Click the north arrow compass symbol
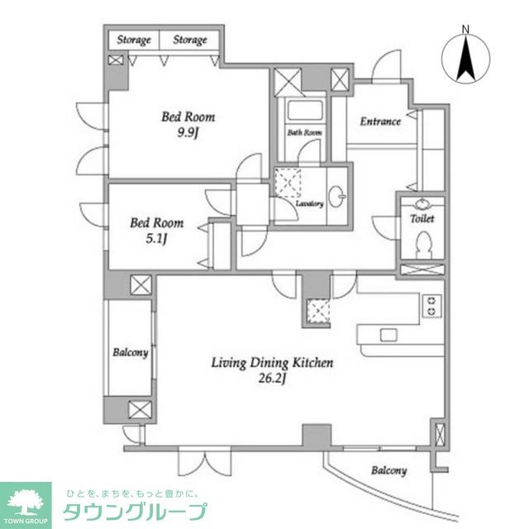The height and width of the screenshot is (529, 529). [465, 59]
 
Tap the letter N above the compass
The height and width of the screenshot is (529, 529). [465, 31]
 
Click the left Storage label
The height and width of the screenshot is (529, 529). [133, 40]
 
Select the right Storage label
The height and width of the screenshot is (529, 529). [189, 40]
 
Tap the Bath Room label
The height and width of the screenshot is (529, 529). [304, 132]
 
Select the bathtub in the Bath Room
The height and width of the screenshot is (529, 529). [303, 113]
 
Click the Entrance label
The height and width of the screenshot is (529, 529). [379, 122]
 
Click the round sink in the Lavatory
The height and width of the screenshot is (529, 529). [337, 197]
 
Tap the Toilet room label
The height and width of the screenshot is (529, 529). [422, 219]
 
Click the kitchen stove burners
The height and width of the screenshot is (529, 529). [431, 306]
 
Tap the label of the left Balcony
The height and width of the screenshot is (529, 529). [130, 353]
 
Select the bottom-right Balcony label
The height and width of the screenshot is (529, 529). [388, 470]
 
